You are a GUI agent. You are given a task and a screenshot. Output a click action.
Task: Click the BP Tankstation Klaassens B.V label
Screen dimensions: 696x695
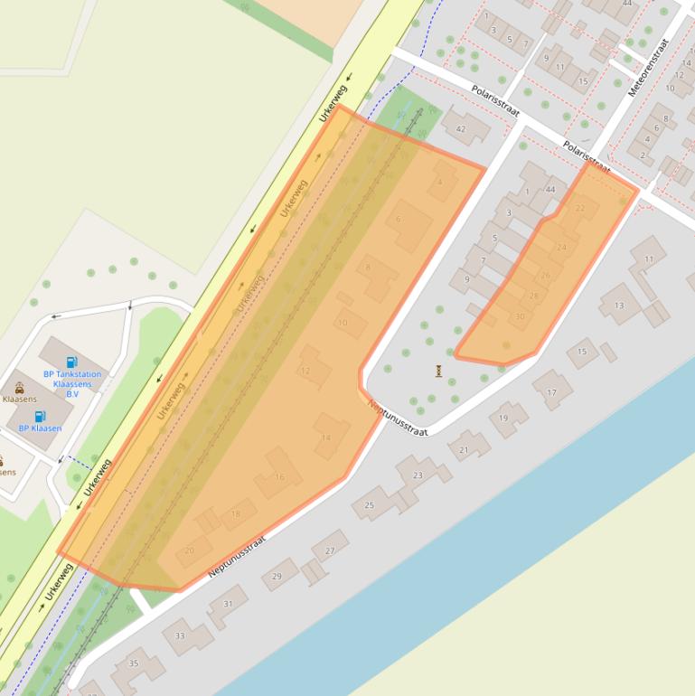click(x=72, y=384)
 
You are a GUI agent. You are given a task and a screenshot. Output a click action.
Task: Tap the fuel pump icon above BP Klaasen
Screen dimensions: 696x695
click(x=40, y=417)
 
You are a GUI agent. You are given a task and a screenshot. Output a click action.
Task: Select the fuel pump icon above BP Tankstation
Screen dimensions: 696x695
click(x=72, y=362)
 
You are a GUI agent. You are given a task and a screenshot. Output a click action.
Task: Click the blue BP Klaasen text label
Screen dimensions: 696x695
click(x=40, y=428)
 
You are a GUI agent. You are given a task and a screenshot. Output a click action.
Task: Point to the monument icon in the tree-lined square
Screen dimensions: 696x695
click(x=439, y=371)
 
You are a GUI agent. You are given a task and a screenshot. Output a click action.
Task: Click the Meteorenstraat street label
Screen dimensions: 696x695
click(x=651, y=66)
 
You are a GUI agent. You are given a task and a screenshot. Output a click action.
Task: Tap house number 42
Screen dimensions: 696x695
click(x=461, y=129)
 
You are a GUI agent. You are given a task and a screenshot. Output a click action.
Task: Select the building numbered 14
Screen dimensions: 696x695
click(x=326, y=437)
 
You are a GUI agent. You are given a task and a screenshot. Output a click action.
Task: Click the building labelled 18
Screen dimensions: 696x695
click(x=236, y=514)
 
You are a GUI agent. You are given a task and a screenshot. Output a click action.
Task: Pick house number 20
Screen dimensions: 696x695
click(x=189, y=550)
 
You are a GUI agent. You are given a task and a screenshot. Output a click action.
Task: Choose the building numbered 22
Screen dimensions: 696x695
click(x=580, y=209)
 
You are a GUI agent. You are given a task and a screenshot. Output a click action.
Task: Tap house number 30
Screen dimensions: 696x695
click(x=519, y=316)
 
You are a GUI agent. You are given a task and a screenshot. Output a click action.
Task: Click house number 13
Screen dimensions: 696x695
click(x=619, y=306)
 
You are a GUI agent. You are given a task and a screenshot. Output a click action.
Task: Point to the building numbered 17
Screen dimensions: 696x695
click(x=551, y=392)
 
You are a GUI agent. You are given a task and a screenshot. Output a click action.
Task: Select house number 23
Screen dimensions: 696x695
click(x=418, y=475)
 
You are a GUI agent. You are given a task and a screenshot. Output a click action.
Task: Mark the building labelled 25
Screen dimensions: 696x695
click(x=369, y=505)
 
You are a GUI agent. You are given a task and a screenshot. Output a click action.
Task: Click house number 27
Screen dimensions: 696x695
click(x=330, y=550)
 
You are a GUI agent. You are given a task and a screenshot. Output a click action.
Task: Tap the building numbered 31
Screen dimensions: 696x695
click(x=228, y=603)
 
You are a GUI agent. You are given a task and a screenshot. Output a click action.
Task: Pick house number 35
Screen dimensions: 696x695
click(x=134, y=663)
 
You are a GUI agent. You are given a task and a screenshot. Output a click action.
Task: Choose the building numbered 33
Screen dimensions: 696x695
click(x=180, y=636)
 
